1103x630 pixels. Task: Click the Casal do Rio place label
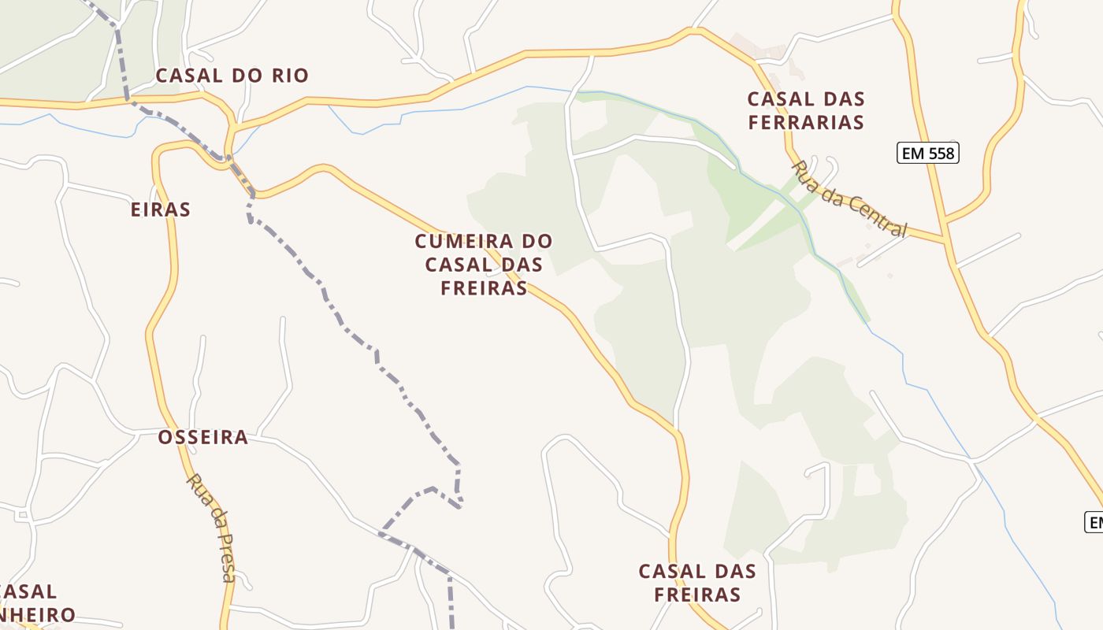coord(232,76)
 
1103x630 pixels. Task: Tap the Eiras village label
coord(161,209)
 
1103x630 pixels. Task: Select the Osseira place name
coord(203,437)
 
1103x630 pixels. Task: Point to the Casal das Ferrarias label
coord(805,111)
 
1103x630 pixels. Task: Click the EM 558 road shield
coord(928,153)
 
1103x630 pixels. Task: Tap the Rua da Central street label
coord(850,198)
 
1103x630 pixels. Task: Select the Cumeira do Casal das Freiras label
coord(484,265)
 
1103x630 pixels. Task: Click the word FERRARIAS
coord(805,123)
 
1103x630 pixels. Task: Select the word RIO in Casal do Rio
coord(292,76)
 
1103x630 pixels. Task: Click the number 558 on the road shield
coord(941,153)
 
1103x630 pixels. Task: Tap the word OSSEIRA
coord(203,437)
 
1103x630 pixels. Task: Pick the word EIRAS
coord(161,209)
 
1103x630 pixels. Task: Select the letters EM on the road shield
coord(913,153)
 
